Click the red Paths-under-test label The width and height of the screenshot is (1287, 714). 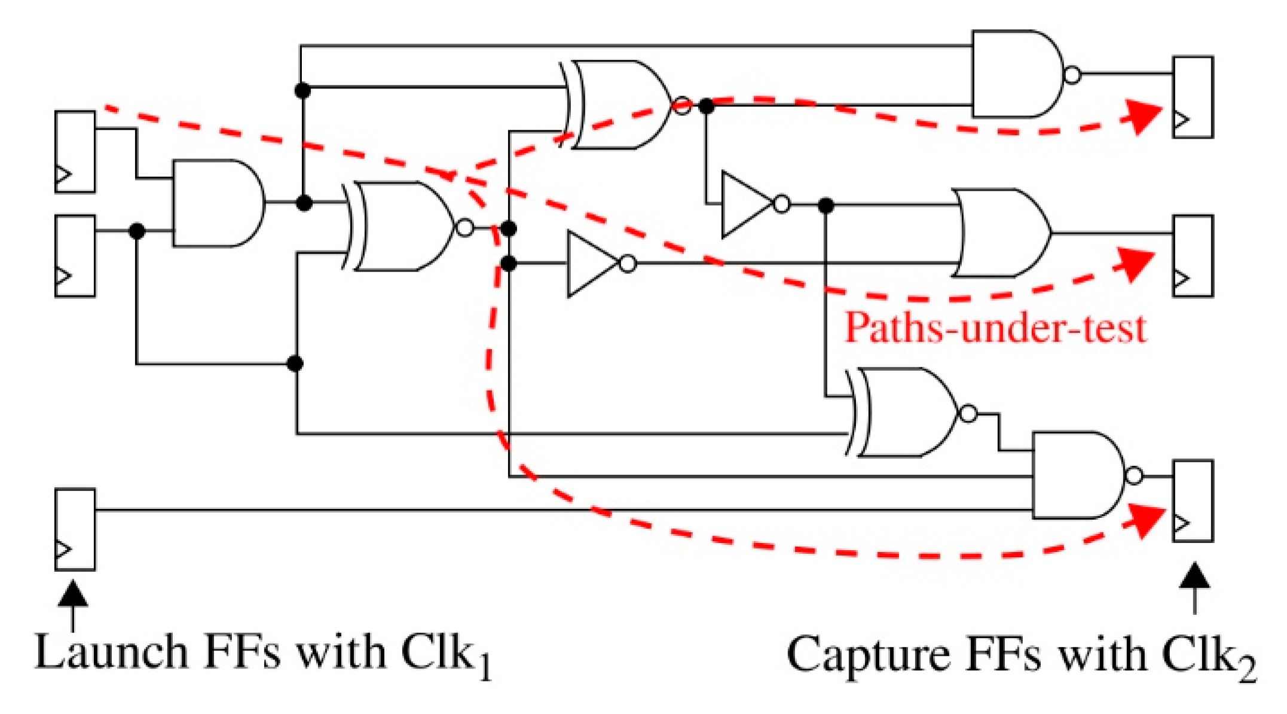click(995, 328)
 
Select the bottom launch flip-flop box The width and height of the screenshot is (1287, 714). click(75, 530)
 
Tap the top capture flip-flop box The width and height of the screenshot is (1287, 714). click(1193, 97)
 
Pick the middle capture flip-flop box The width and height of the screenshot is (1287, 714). click(1193, 256)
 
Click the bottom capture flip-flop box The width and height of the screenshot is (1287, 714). click(1193, 501)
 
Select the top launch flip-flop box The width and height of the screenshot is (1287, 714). click(75, 152)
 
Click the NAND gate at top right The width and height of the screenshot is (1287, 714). click(1016, 74)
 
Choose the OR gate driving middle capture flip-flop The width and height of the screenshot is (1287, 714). click(1001, 233)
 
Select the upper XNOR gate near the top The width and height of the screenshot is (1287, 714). click(619, 105)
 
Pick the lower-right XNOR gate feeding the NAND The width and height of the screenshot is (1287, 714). click(903, 413)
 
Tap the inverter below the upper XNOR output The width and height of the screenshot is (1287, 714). click(747, 205)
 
